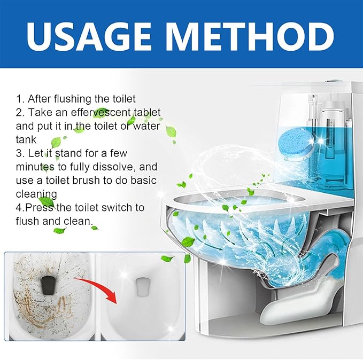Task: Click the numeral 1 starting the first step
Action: (19, 99)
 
